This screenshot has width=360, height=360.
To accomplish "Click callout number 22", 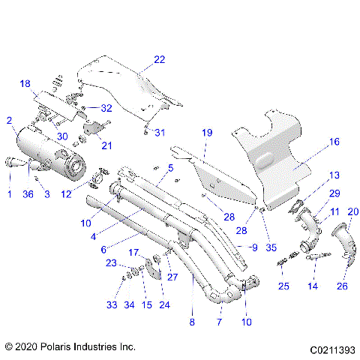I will point(159,59).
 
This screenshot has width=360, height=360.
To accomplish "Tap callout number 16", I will point(334,141).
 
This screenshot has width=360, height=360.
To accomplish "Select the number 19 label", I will point(207,133).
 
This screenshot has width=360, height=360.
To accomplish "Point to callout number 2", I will point(9,120).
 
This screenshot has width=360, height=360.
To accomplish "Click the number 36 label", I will point(28,195).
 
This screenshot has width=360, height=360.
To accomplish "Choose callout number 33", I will point(111,305).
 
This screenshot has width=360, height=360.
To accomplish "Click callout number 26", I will point(343,285).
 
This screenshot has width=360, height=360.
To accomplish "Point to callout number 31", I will point(158,133).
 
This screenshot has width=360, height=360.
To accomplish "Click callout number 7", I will point(220,322).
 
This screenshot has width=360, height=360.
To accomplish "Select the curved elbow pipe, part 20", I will point(343,247).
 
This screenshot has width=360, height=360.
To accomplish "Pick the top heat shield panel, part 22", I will point(120,82).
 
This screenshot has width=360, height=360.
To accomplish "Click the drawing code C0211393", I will point(329,348).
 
